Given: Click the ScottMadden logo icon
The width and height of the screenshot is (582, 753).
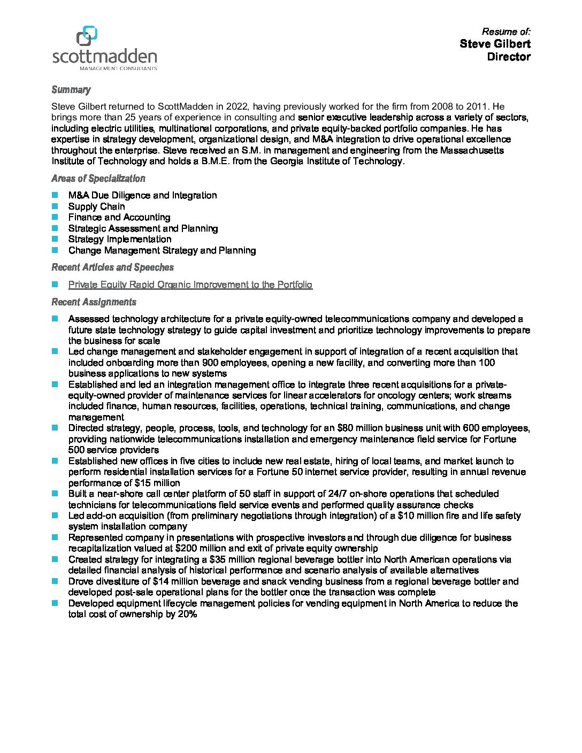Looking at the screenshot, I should coord(87,36).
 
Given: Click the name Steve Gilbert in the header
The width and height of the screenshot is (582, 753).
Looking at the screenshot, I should coord(495,44).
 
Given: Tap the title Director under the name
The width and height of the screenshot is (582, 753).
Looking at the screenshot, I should coord(508,57).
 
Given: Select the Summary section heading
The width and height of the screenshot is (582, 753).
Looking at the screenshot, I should coord(71,90).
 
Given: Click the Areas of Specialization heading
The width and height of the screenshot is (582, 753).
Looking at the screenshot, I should coord(98,179).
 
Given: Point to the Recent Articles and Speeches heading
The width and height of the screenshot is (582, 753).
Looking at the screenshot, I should coord(112,267).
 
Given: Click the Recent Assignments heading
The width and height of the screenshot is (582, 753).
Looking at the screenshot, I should coord(94,302).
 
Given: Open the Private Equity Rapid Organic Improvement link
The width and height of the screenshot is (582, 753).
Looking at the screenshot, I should coord(190,285).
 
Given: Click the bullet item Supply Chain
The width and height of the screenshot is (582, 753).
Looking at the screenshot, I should coord(96,206).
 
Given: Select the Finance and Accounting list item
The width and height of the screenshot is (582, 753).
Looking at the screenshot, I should coord(119,217).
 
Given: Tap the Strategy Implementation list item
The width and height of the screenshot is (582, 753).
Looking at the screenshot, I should coord(120,239).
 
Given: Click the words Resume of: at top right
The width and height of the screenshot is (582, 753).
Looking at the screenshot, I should coord(506,32).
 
